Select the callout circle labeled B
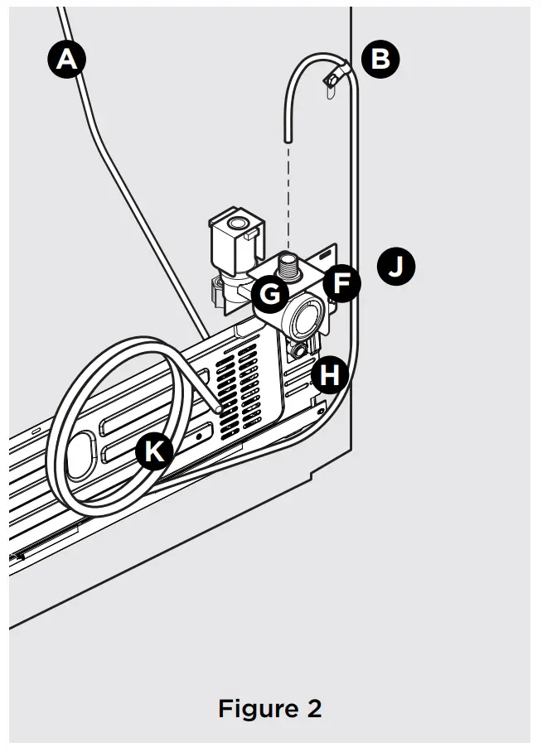[x=380, y=60]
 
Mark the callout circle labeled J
[x=396, y=267]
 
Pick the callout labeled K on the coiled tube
[x=153, y=451]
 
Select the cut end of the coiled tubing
[x=217, y=408]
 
